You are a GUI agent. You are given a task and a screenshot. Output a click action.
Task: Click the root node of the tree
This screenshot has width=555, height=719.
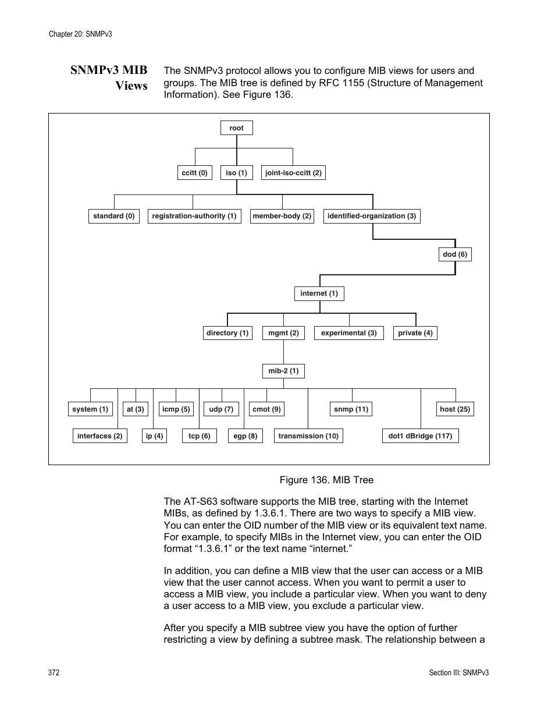coord(236,128)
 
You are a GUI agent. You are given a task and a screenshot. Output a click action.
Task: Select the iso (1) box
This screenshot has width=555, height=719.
coord(236,173)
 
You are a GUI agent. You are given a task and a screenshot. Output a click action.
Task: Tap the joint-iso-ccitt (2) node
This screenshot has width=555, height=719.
coord(293,173)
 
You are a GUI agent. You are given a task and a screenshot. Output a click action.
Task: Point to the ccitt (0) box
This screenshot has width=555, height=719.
coord(194,173)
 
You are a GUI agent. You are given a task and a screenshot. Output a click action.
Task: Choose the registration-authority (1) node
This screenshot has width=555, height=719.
coord(194,216)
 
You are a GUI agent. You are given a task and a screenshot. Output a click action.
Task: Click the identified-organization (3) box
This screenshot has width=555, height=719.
coord(371,216)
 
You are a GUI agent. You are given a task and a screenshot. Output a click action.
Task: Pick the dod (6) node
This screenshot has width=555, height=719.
coord(455,254)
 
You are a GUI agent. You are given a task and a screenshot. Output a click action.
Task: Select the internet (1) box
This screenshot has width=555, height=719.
coord(319,293)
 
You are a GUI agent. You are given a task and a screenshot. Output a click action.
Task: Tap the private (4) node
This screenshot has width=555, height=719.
coord(415,333)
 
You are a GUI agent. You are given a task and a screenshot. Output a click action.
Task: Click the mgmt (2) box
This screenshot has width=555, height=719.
coord(283,333)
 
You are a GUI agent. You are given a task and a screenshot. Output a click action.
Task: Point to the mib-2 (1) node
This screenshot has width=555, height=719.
coord(283,371)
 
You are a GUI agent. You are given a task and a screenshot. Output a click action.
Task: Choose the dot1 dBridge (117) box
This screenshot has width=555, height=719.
coord(420,436)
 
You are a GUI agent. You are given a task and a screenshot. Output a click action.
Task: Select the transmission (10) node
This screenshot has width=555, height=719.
coord(308,436)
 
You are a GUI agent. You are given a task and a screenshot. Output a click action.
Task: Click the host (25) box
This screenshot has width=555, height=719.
coord(455,409)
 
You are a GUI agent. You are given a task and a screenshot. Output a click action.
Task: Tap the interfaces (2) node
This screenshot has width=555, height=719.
coord(100,436)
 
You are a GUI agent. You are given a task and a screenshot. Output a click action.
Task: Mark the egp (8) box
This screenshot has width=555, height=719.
coord(245,436)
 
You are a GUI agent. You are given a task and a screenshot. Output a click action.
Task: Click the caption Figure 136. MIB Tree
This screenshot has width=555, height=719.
coord(326,480)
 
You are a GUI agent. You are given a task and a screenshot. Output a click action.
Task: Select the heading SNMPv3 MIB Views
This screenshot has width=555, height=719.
coord(109,78)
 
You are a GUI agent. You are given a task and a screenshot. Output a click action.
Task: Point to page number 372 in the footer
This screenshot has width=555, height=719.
coord(54,672)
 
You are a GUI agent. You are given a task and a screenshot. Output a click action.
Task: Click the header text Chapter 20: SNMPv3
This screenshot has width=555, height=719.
coord(80,34)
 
